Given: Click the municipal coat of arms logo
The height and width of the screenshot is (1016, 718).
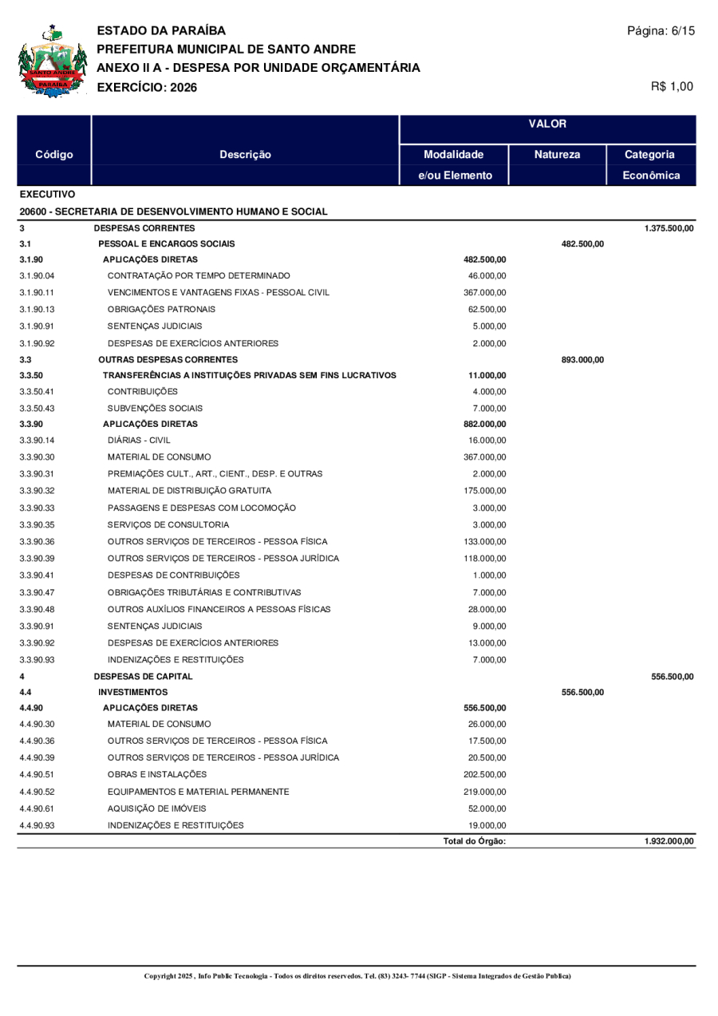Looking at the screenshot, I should click(52, 61).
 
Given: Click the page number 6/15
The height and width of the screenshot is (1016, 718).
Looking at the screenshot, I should click(661, 31).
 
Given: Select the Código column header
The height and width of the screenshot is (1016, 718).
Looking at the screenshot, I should click(55, 155).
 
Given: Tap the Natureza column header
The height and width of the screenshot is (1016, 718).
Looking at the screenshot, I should click(557, 155).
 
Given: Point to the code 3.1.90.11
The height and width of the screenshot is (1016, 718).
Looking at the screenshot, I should click(37, 293).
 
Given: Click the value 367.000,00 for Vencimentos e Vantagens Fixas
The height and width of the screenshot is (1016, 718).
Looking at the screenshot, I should click(484, 293).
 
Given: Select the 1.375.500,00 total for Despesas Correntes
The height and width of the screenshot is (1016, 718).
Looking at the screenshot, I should click(669, 229).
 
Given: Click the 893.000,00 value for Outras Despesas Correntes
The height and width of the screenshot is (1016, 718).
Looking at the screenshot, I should click(582, 360).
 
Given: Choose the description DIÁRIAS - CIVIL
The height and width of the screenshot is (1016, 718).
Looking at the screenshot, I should click(139, 440).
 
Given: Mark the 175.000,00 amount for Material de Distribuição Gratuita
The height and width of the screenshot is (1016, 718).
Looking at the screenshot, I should click(484, 490).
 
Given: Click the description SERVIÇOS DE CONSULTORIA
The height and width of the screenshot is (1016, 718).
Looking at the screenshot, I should click(168, 524).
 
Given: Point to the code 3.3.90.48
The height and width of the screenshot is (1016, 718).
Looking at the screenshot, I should click(37, 610).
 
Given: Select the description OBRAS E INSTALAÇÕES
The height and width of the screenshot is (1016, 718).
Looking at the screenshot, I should click(156, 774).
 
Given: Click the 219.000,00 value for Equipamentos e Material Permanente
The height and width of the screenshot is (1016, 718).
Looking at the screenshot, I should click(484, 792).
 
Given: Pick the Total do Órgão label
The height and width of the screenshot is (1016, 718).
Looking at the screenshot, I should click(475, 841).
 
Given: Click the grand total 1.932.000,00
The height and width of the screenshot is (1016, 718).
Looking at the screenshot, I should click(669, 841).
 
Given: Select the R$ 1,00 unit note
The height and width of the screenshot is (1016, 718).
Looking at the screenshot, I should click(673, 86).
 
